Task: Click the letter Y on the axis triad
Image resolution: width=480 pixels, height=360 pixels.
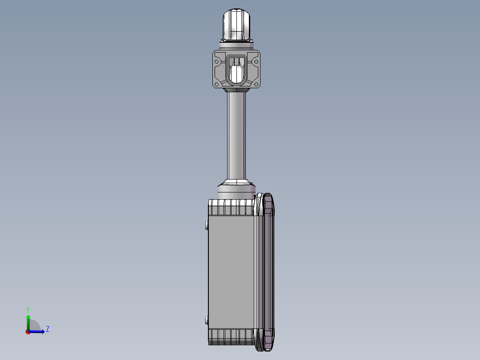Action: click(28, 309)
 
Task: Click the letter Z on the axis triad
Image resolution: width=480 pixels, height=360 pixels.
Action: click(48, 329)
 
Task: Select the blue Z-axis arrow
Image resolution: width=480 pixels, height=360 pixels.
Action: click(38, 331)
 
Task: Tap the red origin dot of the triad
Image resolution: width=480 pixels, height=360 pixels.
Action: click(28, 332)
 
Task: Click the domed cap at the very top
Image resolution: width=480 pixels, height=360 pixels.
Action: click(236, 25)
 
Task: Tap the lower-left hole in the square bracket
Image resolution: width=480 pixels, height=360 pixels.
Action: click(217, 84)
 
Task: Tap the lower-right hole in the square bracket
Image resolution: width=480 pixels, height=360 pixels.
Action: click(256, 84)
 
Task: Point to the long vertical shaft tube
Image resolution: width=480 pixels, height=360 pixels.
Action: click(236, 134)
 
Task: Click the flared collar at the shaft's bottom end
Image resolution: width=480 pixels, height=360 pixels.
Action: click(236, 182)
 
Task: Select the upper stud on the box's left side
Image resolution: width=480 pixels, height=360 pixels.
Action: click(206, 225)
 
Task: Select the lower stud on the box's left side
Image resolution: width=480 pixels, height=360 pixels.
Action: click(206, 319)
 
